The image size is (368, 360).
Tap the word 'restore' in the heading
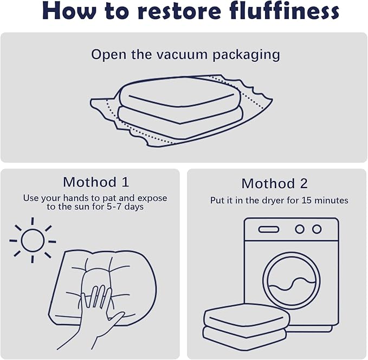click(179, 12)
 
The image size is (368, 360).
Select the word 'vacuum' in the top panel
click(182, 55)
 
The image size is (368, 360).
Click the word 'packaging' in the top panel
click(246, 55)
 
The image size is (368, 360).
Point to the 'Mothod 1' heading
click(96, 182)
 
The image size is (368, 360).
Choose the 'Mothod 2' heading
click(274, 183)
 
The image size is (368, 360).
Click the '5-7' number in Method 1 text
click(114, 207)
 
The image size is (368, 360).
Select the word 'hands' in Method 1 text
click(77, 198)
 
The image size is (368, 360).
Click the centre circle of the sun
click(33, 241)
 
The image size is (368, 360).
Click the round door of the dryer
click(292, 281)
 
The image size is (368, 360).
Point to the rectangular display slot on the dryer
click(269, 229)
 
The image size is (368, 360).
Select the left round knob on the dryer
click(300, 229)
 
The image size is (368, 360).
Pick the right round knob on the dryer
click(317, 229)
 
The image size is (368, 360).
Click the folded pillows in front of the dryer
click(247, 326)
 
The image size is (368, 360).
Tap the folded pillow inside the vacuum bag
click(180, 108)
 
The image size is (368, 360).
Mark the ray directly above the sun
click(33, 221)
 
